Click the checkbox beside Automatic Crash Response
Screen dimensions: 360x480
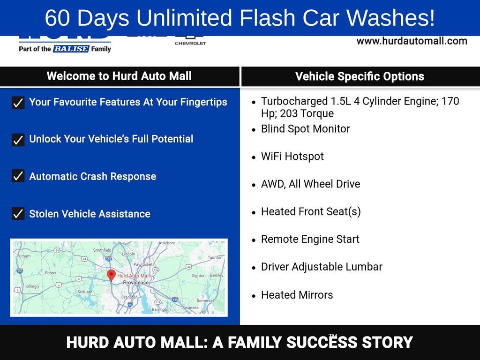[x=18, y=176]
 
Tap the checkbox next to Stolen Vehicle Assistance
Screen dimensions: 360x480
[x=18, y=214]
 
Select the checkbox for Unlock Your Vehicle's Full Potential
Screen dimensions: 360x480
[x=18, y=139]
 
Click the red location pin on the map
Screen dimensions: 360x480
[x=111, y=275]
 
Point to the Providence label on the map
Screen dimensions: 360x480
[x=135, y=283]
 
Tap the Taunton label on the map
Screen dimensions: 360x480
[x=215, y=257]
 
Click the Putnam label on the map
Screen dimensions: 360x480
[x=23, y=256]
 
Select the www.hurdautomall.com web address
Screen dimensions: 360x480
[x=412, y=41]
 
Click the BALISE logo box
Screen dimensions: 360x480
[x=71, y=49]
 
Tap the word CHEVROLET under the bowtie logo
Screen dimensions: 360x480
[x=190, y=43]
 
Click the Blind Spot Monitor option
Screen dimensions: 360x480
[x=305, y=129]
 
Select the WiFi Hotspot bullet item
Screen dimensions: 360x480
[x=292, y=157]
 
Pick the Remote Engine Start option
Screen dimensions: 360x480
[x=310, y=239]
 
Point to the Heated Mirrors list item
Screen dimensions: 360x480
[x=297, y=295]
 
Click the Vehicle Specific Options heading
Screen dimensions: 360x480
[x=360, y=76]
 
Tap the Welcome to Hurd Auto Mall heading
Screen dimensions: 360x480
[x=119, y=76]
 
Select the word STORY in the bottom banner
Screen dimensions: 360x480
[x=387, y=343]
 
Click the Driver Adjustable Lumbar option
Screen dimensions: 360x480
[x=322, y=267]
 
